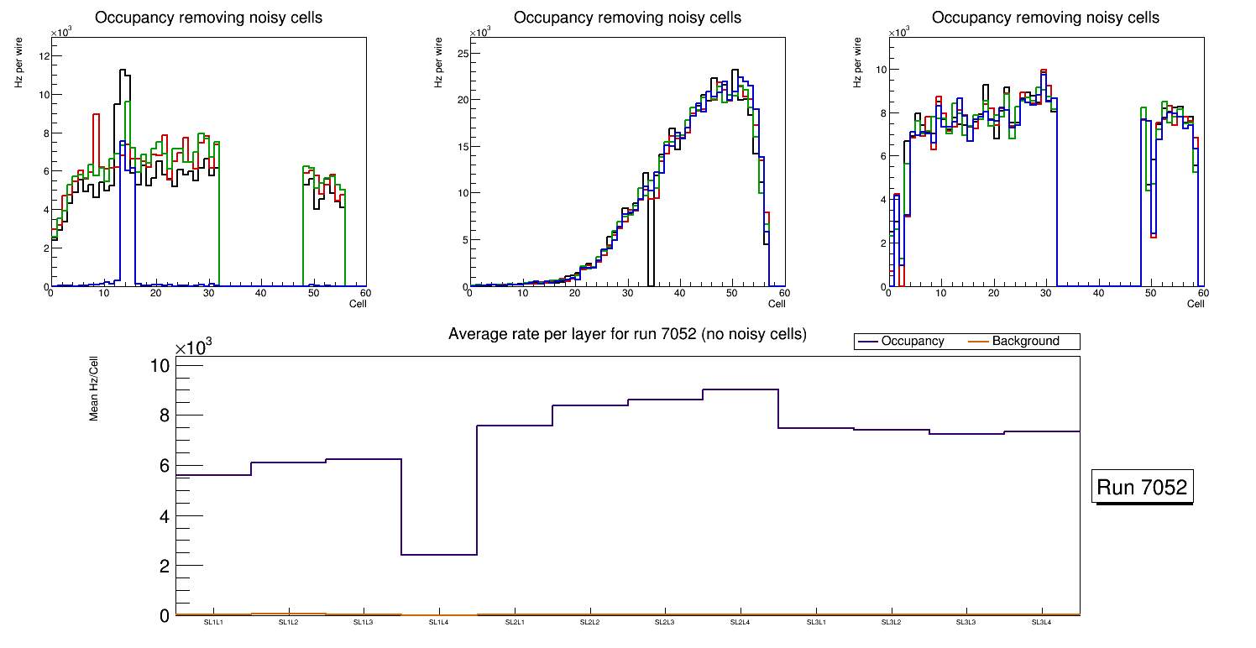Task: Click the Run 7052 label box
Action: pos(1142,488)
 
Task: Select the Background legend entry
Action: pos(1025,342)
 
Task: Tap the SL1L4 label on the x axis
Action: pos(438,623)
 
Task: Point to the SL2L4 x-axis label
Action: pos(740,623)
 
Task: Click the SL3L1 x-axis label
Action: pos(815,623)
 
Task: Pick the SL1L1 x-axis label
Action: pos(213,623)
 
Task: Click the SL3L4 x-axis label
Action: pos(1041,623)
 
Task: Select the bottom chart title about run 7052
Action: pos(627,334)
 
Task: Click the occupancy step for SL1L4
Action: pos(439,555)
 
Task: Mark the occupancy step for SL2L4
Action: pos(741,389)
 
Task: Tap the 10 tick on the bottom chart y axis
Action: pos(161,366)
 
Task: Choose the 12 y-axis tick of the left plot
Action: pos(44,56)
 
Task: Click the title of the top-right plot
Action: pos(1045,18)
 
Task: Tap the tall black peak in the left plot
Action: pos(123,71)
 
